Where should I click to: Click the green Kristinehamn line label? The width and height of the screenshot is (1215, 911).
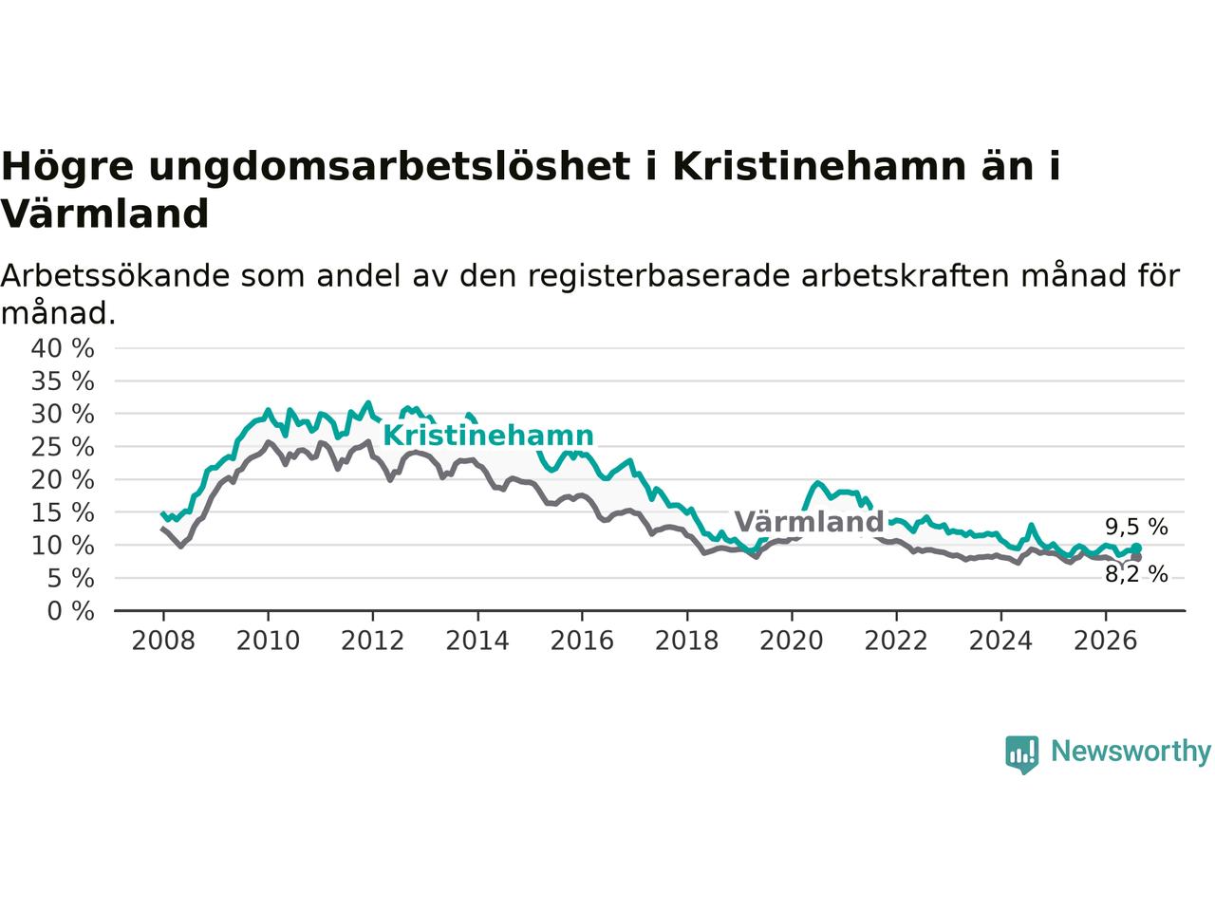click(488, 436)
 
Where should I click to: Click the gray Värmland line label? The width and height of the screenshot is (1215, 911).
click(809, 522)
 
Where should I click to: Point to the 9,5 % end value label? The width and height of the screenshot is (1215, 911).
click(1136, 527)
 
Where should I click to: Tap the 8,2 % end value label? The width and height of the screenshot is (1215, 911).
click(1136, 575)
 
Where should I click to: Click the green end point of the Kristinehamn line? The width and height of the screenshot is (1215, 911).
click(1136, 548)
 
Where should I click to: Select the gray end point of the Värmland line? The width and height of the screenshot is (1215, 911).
click(1136, 557)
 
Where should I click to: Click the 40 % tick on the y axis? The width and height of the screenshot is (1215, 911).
click(63, 348)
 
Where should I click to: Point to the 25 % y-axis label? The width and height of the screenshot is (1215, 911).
click(63, 447)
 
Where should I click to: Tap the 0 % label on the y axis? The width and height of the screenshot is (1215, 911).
click(71, 611)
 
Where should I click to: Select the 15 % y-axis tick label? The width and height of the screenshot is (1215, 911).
click(63, 512)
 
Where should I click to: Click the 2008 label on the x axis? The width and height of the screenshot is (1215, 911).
click(163, 641)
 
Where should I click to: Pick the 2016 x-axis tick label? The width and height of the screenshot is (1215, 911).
click(582, 641)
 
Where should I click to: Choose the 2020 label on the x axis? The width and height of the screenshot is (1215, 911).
click(792, 641)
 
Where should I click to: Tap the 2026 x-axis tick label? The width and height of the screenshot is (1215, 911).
click(1106, 641)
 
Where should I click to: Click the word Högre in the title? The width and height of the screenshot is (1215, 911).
click(67, 166)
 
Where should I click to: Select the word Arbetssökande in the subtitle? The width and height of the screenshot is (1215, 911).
click(115, 275)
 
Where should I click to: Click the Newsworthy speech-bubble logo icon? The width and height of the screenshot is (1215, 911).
click(1021, 754)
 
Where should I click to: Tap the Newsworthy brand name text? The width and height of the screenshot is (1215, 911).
click(1131, 752)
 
